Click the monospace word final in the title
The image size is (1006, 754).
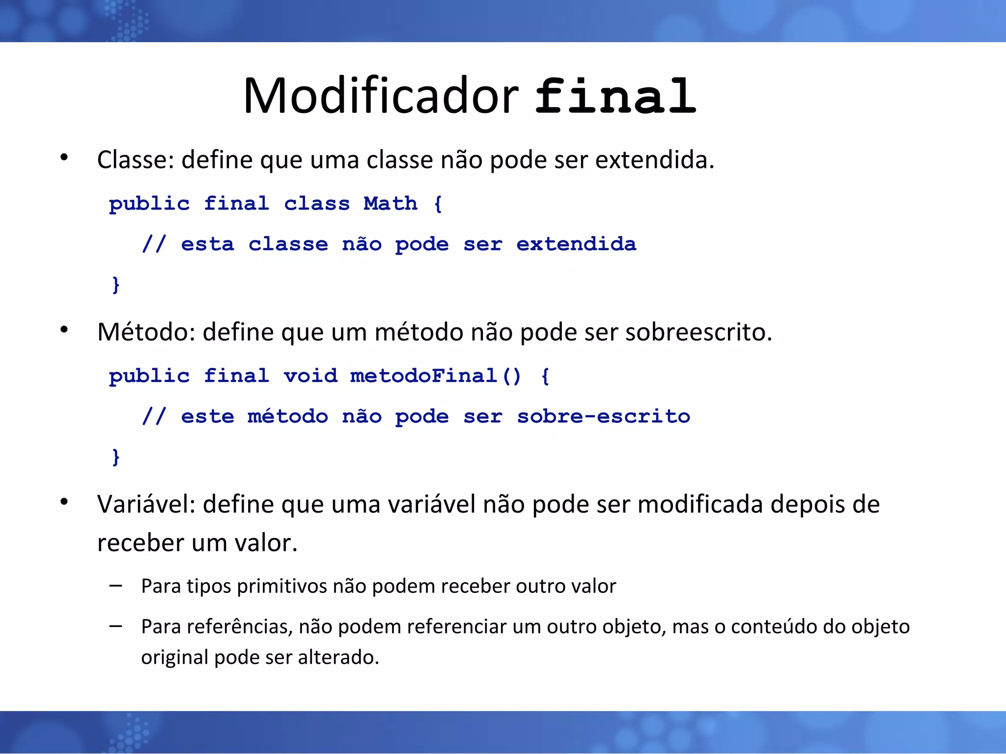click(615, 97)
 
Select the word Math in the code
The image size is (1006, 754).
click(391, 204)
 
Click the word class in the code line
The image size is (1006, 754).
click(317, 204)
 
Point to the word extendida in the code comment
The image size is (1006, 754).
click(576, 244)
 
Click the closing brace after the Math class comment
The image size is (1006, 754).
click(116, 285)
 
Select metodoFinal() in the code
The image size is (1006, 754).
click(435, 377)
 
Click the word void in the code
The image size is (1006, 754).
click(310, 377)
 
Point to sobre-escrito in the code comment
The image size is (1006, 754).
click(603, 417)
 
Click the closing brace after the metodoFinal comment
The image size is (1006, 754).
click(116, 457)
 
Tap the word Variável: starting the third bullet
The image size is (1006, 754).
click(146, 505)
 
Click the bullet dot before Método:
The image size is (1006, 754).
click(64, 330)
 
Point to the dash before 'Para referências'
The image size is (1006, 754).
click(116, 626)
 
